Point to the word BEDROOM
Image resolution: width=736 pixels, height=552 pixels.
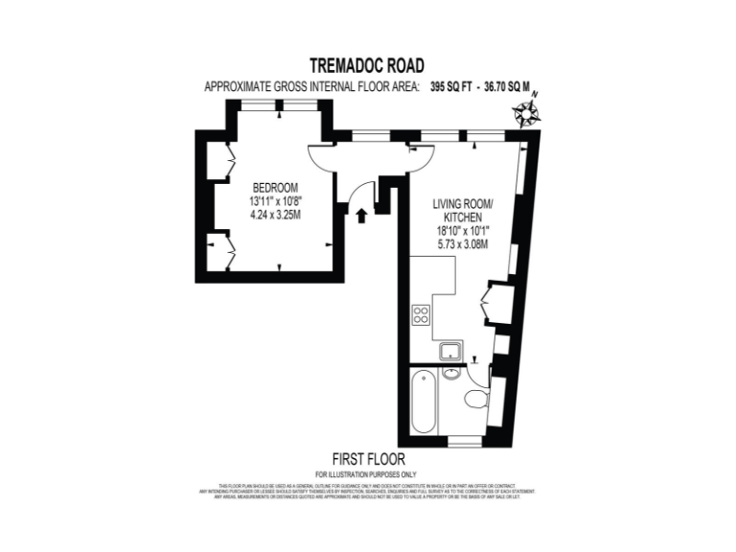tap(275, 187)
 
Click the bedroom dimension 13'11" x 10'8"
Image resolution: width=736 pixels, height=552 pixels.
tap(275, 201)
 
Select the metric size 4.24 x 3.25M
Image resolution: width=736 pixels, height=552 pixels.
tap(275, 215)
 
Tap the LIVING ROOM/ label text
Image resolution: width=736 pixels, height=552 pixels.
tap(463, 204)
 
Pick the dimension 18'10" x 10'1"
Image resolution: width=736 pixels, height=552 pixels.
tap(463, 231)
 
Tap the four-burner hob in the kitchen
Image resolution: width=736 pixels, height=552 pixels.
tap(421, 314)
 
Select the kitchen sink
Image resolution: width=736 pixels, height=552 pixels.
tap(451, 352)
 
